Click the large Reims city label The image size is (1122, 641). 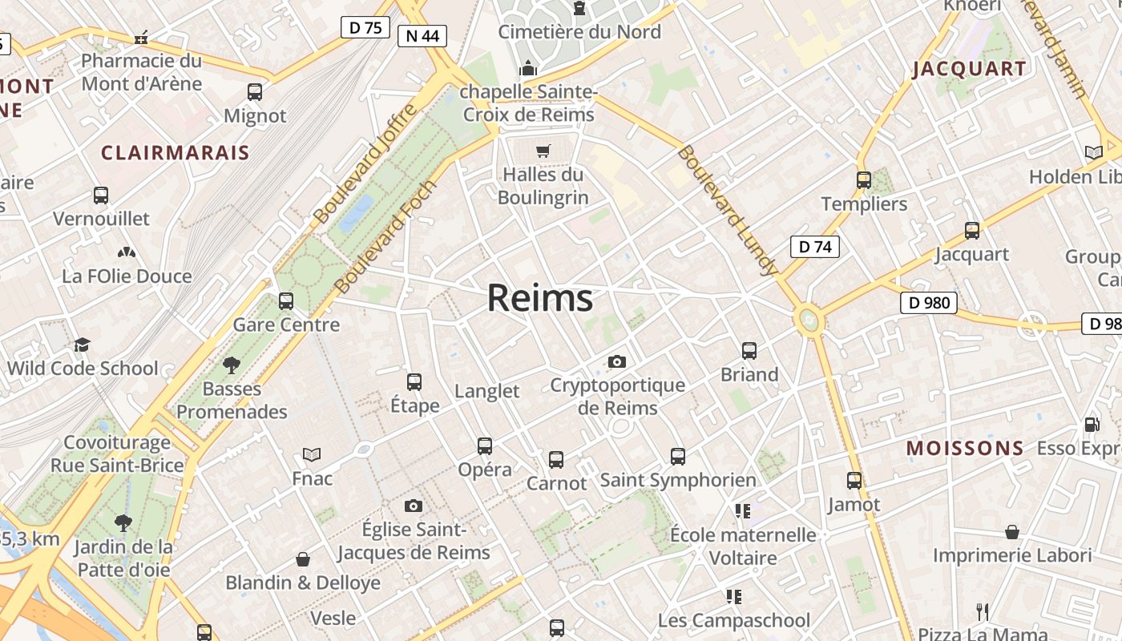click(540, 298)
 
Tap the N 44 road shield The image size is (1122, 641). click(422, 35)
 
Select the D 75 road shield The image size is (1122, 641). click(365, 27)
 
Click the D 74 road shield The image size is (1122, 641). click(815, 247)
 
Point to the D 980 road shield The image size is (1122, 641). click(929, 302)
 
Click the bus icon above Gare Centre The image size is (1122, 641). click(286, 301)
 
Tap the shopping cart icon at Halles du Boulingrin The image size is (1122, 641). click(543, 151)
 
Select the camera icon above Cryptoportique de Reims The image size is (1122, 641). click(616, 361)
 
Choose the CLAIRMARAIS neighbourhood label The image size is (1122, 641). click(176, 152)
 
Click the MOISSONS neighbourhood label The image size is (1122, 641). click(965, 448)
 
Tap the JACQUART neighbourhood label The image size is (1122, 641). click(969, 69)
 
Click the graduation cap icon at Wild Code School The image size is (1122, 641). click(82, 345)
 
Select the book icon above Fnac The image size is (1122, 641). click(312, 454)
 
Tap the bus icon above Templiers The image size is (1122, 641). click(864, 180)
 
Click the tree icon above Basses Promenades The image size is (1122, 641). click(232, 365)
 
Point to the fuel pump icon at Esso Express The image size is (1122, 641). click(1092, 424)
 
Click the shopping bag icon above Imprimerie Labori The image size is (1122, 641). click(1012, 532)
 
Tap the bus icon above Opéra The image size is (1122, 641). click(485, 445)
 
